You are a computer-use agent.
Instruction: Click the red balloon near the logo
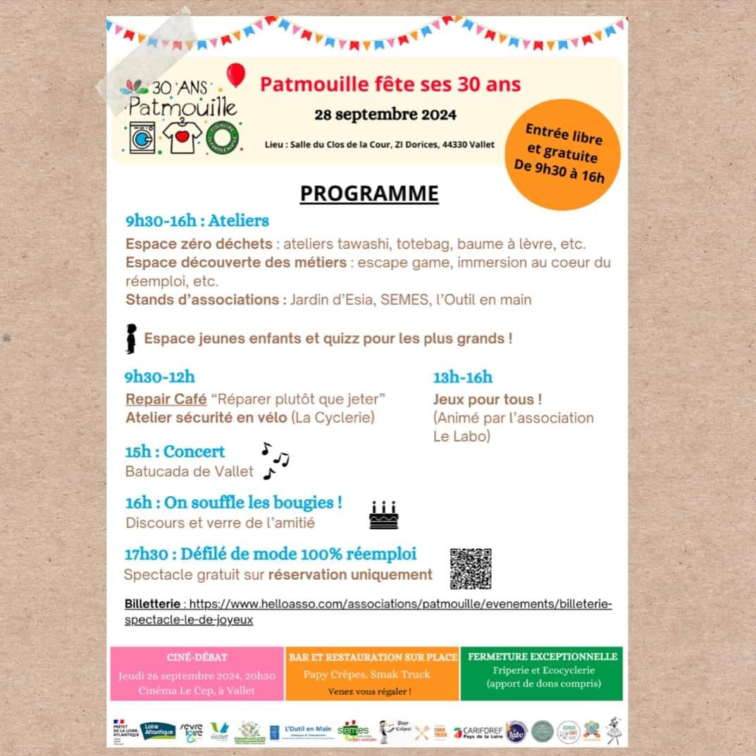click(x=236, y=74)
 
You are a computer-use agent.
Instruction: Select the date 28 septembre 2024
click(x=385, y=114)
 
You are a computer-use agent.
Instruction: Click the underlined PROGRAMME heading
click(x=369, y=193)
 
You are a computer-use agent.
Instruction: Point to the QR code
click(x=471, y=569)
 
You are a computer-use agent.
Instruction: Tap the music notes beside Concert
click(x=275, y=460)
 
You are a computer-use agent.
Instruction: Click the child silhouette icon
click(x=131, y=339)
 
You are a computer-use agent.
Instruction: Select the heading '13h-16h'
click(x=462, y=378)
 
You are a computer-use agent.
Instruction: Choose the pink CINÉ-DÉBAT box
click(x=197, y=674)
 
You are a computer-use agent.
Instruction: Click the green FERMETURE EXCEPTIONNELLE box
click(x=543, y=674)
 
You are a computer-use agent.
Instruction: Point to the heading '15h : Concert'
click(x=175, y=452)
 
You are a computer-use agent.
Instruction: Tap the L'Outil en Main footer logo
click(x=309, y=731)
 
